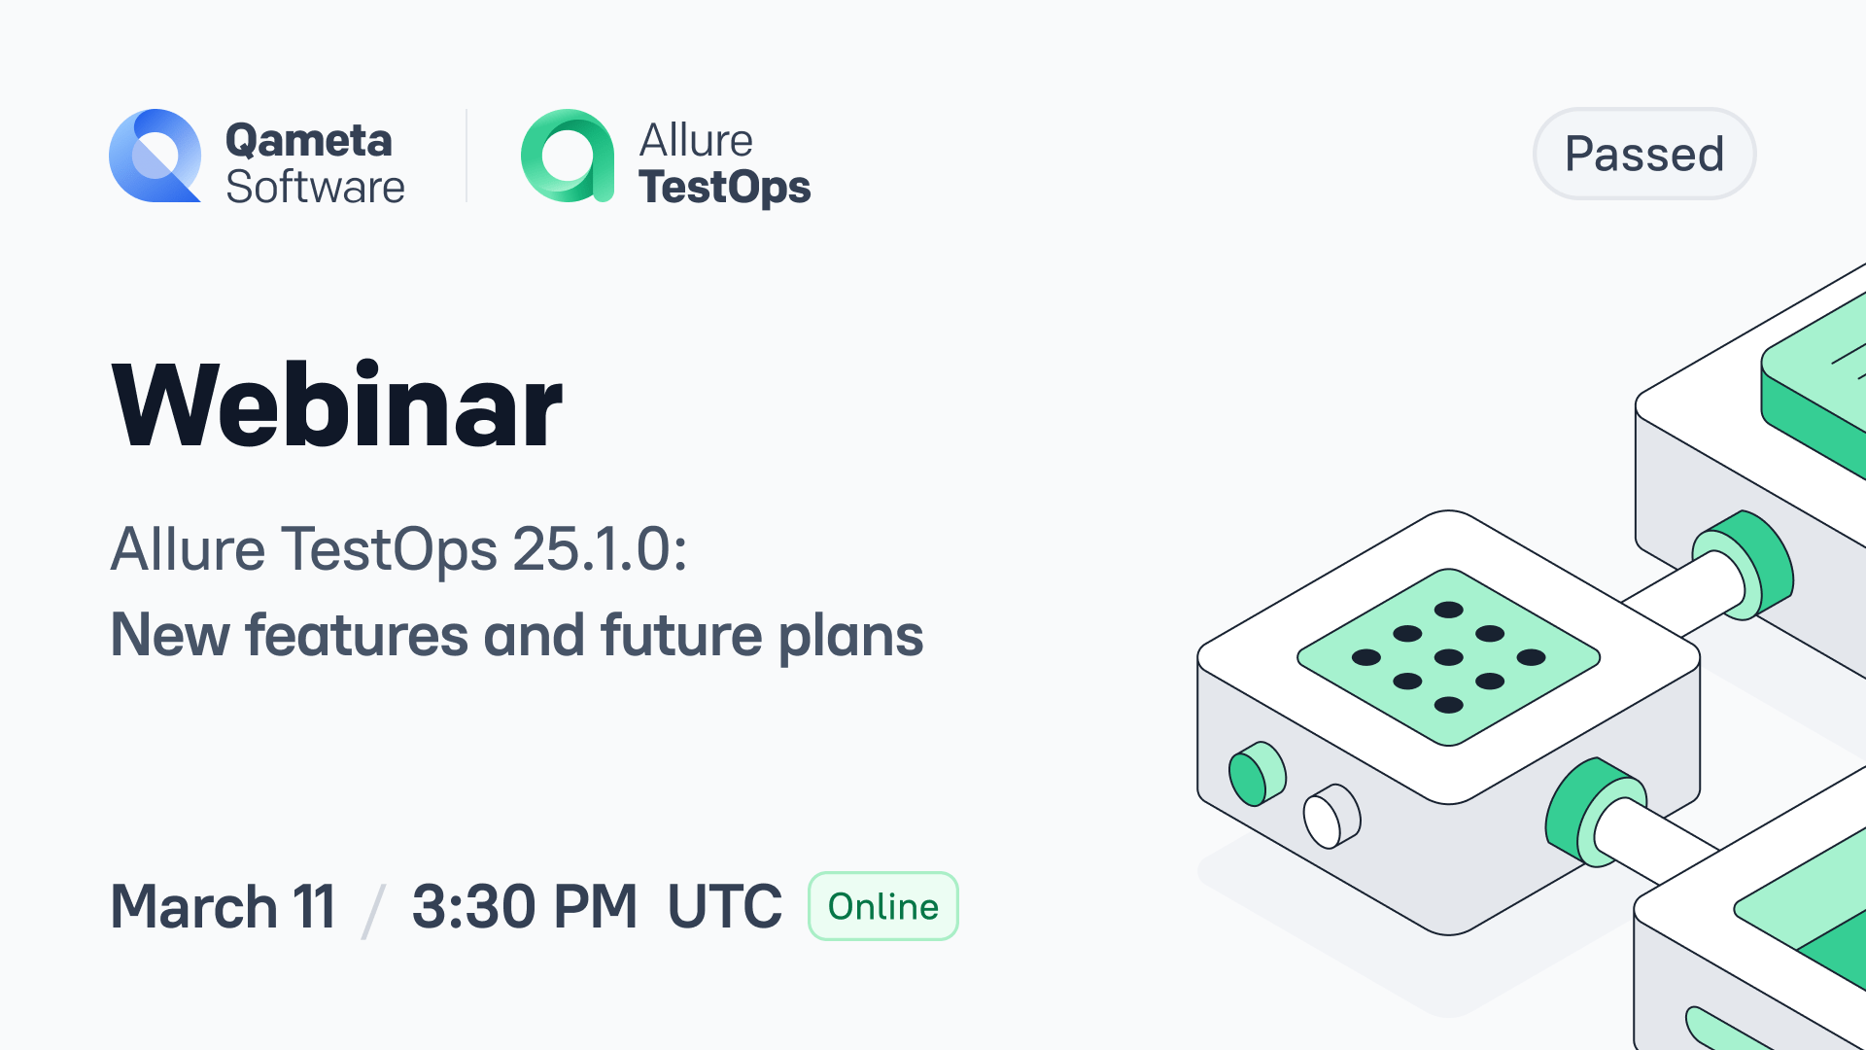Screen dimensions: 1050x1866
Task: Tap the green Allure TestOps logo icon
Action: pyautogui.click(x=568, y=156)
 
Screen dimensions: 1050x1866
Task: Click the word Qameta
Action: pyautogui.click(x=308, y=140)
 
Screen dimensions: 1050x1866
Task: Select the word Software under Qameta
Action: pyautogui.click(x=315, y=187)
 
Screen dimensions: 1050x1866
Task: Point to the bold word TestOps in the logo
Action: pyautogui.click(x=724, y=187)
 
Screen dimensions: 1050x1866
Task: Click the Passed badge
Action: pyautogui.click(x=1644, y=154)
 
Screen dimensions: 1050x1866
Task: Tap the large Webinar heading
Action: pyautogui.click(x=336, y=405)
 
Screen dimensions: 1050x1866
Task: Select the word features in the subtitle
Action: pyautogui.click(x=357, y=636)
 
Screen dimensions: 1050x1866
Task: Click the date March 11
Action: pyautogui.click(x=224, y=906)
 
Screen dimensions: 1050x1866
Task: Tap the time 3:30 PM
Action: pyautogui.click(x=524, y=906)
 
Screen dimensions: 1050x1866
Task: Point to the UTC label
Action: pyautogui.click(x=724, y=906)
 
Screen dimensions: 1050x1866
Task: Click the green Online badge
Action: pyautogui.click(x=883, y=906)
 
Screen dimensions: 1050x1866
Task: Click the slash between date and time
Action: pyautogui.click(x=373, y=910)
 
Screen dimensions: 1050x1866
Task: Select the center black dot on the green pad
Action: pyautogui.click(x=1448, y=657)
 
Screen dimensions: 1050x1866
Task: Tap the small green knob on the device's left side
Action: pyautogui.click(x=1256, y=775)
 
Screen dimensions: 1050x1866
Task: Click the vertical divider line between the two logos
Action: pyautogui.click(x=466, y=156)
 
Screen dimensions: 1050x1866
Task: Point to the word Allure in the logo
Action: pyautogui.click(x=696, y=140)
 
